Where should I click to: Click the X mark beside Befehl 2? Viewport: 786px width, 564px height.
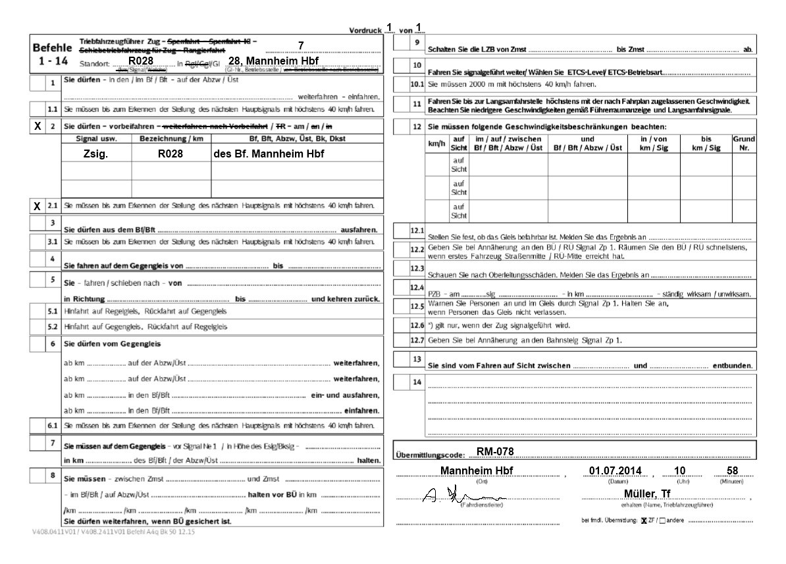click(x=38, y=125)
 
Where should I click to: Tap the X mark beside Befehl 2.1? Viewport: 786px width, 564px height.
click(x=38, y=206)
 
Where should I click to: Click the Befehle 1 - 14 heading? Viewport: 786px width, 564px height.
click(x=53, y=55)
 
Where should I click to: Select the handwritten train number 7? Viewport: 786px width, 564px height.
click(x=301, y=45)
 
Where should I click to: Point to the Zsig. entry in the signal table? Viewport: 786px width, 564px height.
click(x=95, y=153)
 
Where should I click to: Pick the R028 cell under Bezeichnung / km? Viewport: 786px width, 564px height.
click(x=170, y=153)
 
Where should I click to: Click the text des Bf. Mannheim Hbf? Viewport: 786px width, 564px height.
click(x=269, y=153)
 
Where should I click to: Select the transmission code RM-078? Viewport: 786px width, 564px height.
click(x=494, y=451)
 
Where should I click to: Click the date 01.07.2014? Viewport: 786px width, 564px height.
click(x=615, y=470)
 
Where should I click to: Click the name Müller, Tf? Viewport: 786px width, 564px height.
click(x=648, y=494)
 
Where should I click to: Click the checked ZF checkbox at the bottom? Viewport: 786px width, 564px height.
click(x=644, y=521)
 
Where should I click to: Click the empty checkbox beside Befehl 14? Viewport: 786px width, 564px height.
click(x=401, y=382)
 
